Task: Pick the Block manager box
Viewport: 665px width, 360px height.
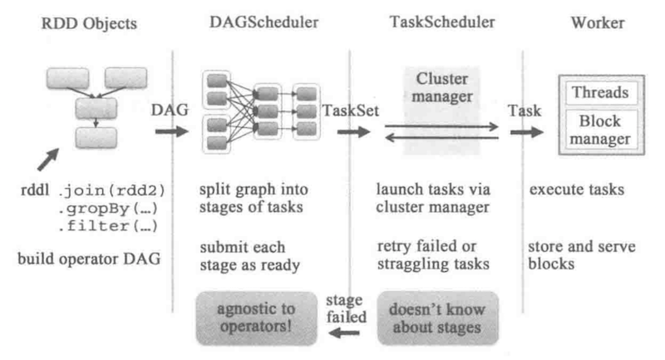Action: tap(595, 127)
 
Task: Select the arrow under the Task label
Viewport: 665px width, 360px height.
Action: tap(525, 131)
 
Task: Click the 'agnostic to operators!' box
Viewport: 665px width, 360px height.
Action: tap(257, 318)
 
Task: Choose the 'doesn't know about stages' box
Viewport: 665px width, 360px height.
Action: tap(438, 318)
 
